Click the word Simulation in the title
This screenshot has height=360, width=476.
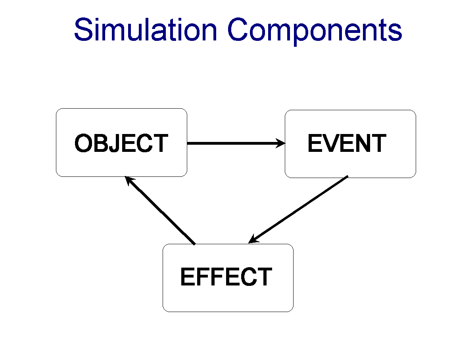pos(145,29)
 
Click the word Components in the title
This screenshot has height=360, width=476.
pos(315,32)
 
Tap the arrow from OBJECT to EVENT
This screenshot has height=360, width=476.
pos(236,143)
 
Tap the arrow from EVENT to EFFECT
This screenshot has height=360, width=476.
pos(298,209)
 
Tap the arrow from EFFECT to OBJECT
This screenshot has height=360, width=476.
pos(160,211)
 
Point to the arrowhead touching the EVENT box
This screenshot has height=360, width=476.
pos(280,143)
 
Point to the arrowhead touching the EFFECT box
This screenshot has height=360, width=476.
pos(253,240)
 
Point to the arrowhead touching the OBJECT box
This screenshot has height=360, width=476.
pos(129,180)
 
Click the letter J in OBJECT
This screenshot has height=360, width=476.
pos(115,143)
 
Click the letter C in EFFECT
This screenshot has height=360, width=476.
pos(249,277)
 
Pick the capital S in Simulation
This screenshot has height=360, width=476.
pos(83,29)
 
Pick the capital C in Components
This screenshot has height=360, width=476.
pos(238,29)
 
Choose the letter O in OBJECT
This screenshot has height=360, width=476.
pos(83,143)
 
